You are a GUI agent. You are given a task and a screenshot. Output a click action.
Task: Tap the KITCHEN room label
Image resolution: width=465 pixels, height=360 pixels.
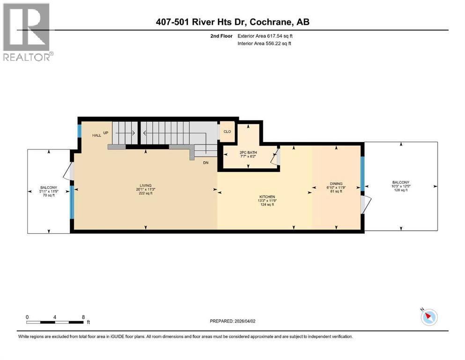coord(267,196)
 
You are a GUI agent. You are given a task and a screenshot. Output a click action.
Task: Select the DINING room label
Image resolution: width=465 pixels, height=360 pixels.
coord(336,184)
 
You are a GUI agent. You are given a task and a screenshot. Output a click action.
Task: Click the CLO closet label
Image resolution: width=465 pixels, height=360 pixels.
coord(227,132)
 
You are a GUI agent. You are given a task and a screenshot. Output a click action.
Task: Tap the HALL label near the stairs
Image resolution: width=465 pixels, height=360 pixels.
coord(96,135)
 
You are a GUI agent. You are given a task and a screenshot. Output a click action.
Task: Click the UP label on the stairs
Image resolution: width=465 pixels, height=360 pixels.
coord(106,133)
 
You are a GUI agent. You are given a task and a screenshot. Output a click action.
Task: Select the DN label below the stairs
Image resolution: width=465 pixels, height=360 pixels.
coord(205,163)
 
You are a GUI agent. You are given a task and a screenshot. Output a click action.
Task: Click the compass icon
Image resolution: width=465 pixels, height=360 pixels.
coord(428,317)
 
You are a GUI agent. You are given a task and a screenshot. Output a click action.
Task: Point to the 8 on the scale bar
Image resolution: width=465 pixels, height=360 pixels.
coord(83,317)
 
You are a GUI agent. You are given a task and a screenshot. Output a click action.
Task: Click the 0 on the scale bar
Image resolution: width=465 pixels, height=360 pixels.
coord(28,317)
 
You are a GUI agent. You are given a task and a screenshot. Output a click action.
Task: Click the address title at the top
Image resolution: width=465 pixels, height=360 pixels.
coord(232,22)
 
